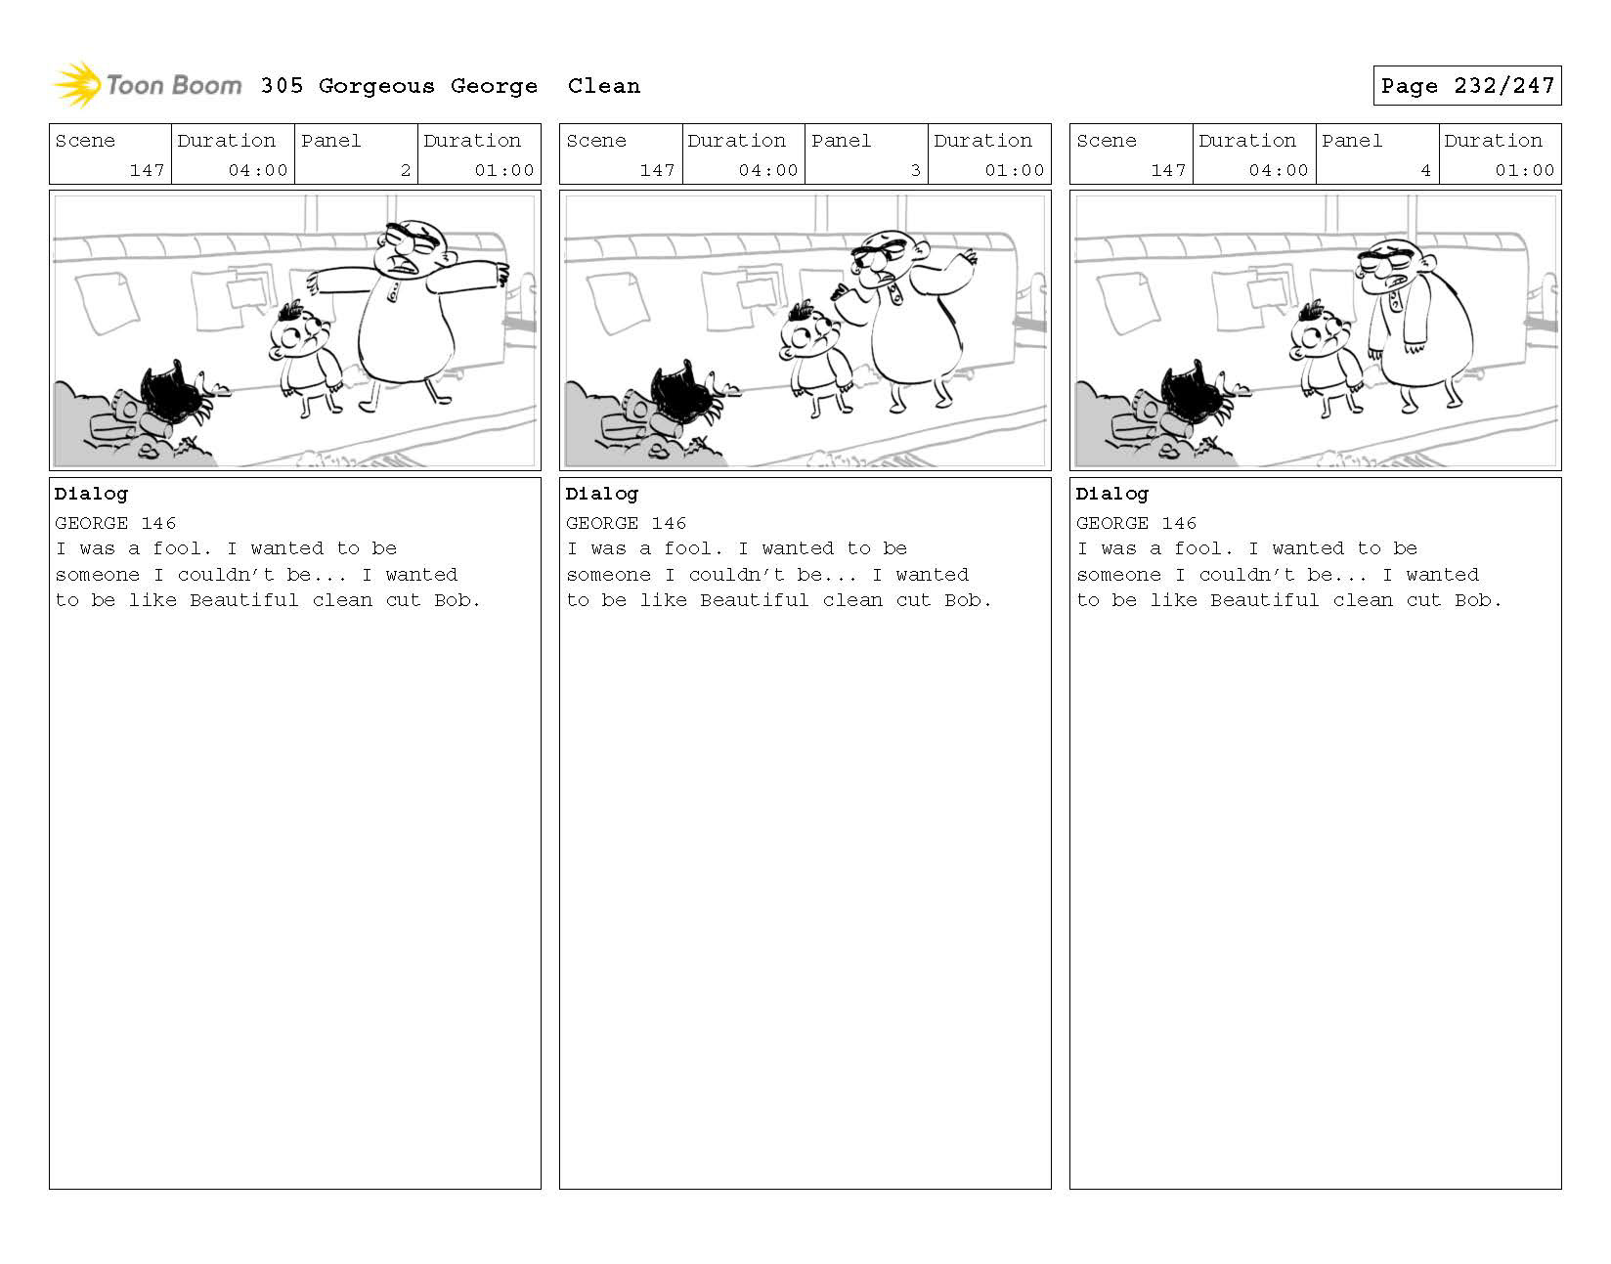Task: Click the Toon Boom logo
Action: [148, 85]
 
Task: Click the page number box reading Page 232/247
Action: [1466, 85]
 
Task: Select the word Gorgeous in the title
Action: [376, 86]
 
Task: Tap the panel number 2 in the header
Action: [406, 170]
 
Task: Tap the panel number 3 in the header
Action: [916, 170]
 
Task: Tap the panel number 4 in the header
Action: [1425, 170]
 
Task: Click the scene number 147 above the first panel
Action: [147, 170]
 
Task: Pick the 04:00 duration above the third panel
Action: [1278, 170]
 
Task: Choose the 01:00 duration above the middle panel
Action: [1014, 170]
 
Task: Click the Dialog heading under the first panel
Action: [91, 494]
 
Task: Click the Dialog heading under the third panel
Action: [1112, 494]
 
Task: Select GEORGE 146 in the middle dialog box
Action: [626, 523]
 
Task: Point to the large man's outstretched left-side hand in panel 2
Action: [840, 291]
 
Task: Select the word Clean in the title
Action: [603, 86]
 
